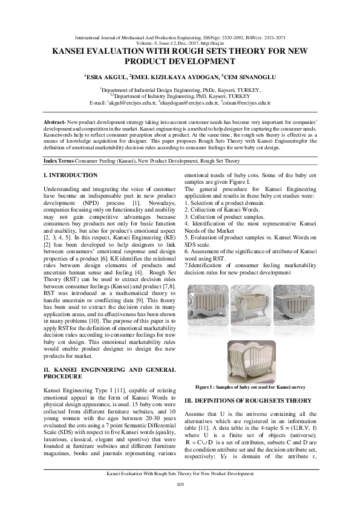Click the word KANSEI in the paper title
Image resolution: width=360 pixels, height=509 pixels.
click(x=73, y=52)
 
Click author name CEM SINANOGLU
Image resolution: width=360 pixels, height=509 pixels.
click(x=247, y=77)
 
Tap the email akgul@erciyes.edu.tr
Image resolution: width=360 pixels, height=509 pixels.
click(x=133, y=103)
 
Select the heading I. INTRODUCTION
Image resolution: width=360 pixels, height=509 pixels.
click(x=71, y=175)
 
